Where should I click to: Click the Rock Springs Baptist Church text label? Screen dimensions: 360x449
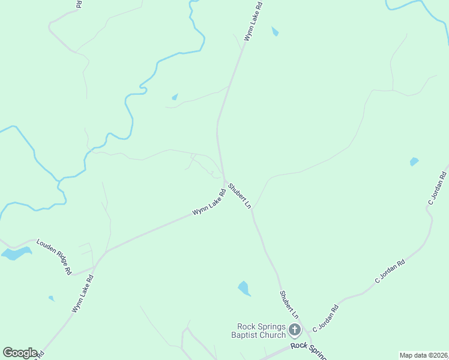(261, 331)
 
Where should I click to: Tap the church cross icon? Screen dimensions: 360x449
(295, 329)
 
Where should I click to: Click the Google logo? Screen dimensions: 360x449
(20, 352)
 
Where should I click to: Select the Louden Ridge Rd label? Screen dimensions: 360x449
(54, 256)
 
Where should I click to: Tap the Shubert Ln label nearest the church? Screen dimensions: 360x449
(289, 304)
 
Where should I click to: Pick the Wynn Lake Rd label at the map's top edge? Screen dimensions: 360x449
(253, 22)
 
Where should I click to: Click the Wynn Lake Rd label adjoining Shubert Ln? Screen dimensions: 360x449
(209, 203)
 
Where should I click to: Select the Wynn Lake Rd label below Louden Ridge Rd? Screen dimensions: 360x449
(83, 294)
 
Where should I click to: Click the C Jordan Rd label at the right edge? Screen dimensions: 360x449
(437, 188)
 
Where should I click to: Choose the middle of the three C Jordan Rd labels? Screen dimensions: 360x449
(390, 271)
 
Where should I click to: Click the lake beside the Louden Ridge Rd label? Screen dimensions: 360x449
(16, 253)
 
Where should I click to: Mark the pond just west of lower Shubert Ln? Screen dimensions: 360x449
(244, 289)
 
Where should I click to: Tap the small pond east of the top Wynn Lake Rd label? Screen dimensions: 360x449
(275, 31)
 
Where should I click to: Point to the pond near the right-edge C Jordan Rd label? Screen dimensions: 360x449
(414, 161)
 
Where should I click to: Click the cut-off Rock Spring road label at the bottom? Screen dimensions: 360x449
(307, 349)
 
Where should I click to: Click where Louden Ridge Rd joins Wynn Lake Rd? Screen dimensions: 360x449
(96, 265)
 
